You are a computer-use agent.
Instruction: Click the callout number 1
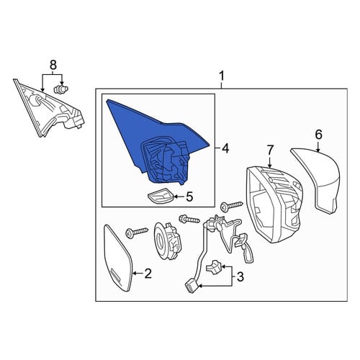click(x=221, y=76)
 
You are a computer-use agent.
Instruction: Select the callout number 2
click(x=148, y=274)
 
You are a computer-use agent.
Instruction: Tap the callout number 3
click(x=240, y=276)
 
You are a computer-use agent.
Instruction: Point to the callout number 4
click(x=225, y=148)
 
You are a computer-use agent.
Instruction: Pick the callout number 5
click(x=189, y=197)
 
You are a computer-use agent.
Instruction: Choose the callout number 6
click(x=318, y=135)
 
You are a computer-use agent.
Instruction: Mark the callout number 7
click(x=270, y=150)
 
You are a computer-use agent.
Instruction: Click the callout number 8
click(x=53, y=65)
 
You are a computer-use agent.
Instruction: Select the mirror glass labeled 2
click(x=118, y=257)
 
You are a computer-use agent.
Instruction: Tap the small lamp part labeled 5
click(x=160, y=196)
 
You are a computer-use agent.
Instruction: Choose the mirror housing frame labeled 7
click(x=274, y=204)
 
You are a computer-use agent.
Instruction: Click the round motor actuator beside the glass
click(x=167, y=240)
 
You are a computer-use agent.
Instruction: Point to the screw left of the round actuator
click(x=137, y=232)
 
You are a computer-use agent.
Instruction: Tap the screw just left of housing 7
click(x=231, y=206)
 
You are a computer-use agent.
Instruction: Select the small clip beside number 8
click(x=59, y=89)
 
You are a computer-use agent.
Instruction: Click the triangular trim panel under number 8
click(x=48, y=110)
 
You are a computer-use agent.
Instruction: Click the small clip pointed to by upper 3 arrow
click(x=214, y=267)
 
